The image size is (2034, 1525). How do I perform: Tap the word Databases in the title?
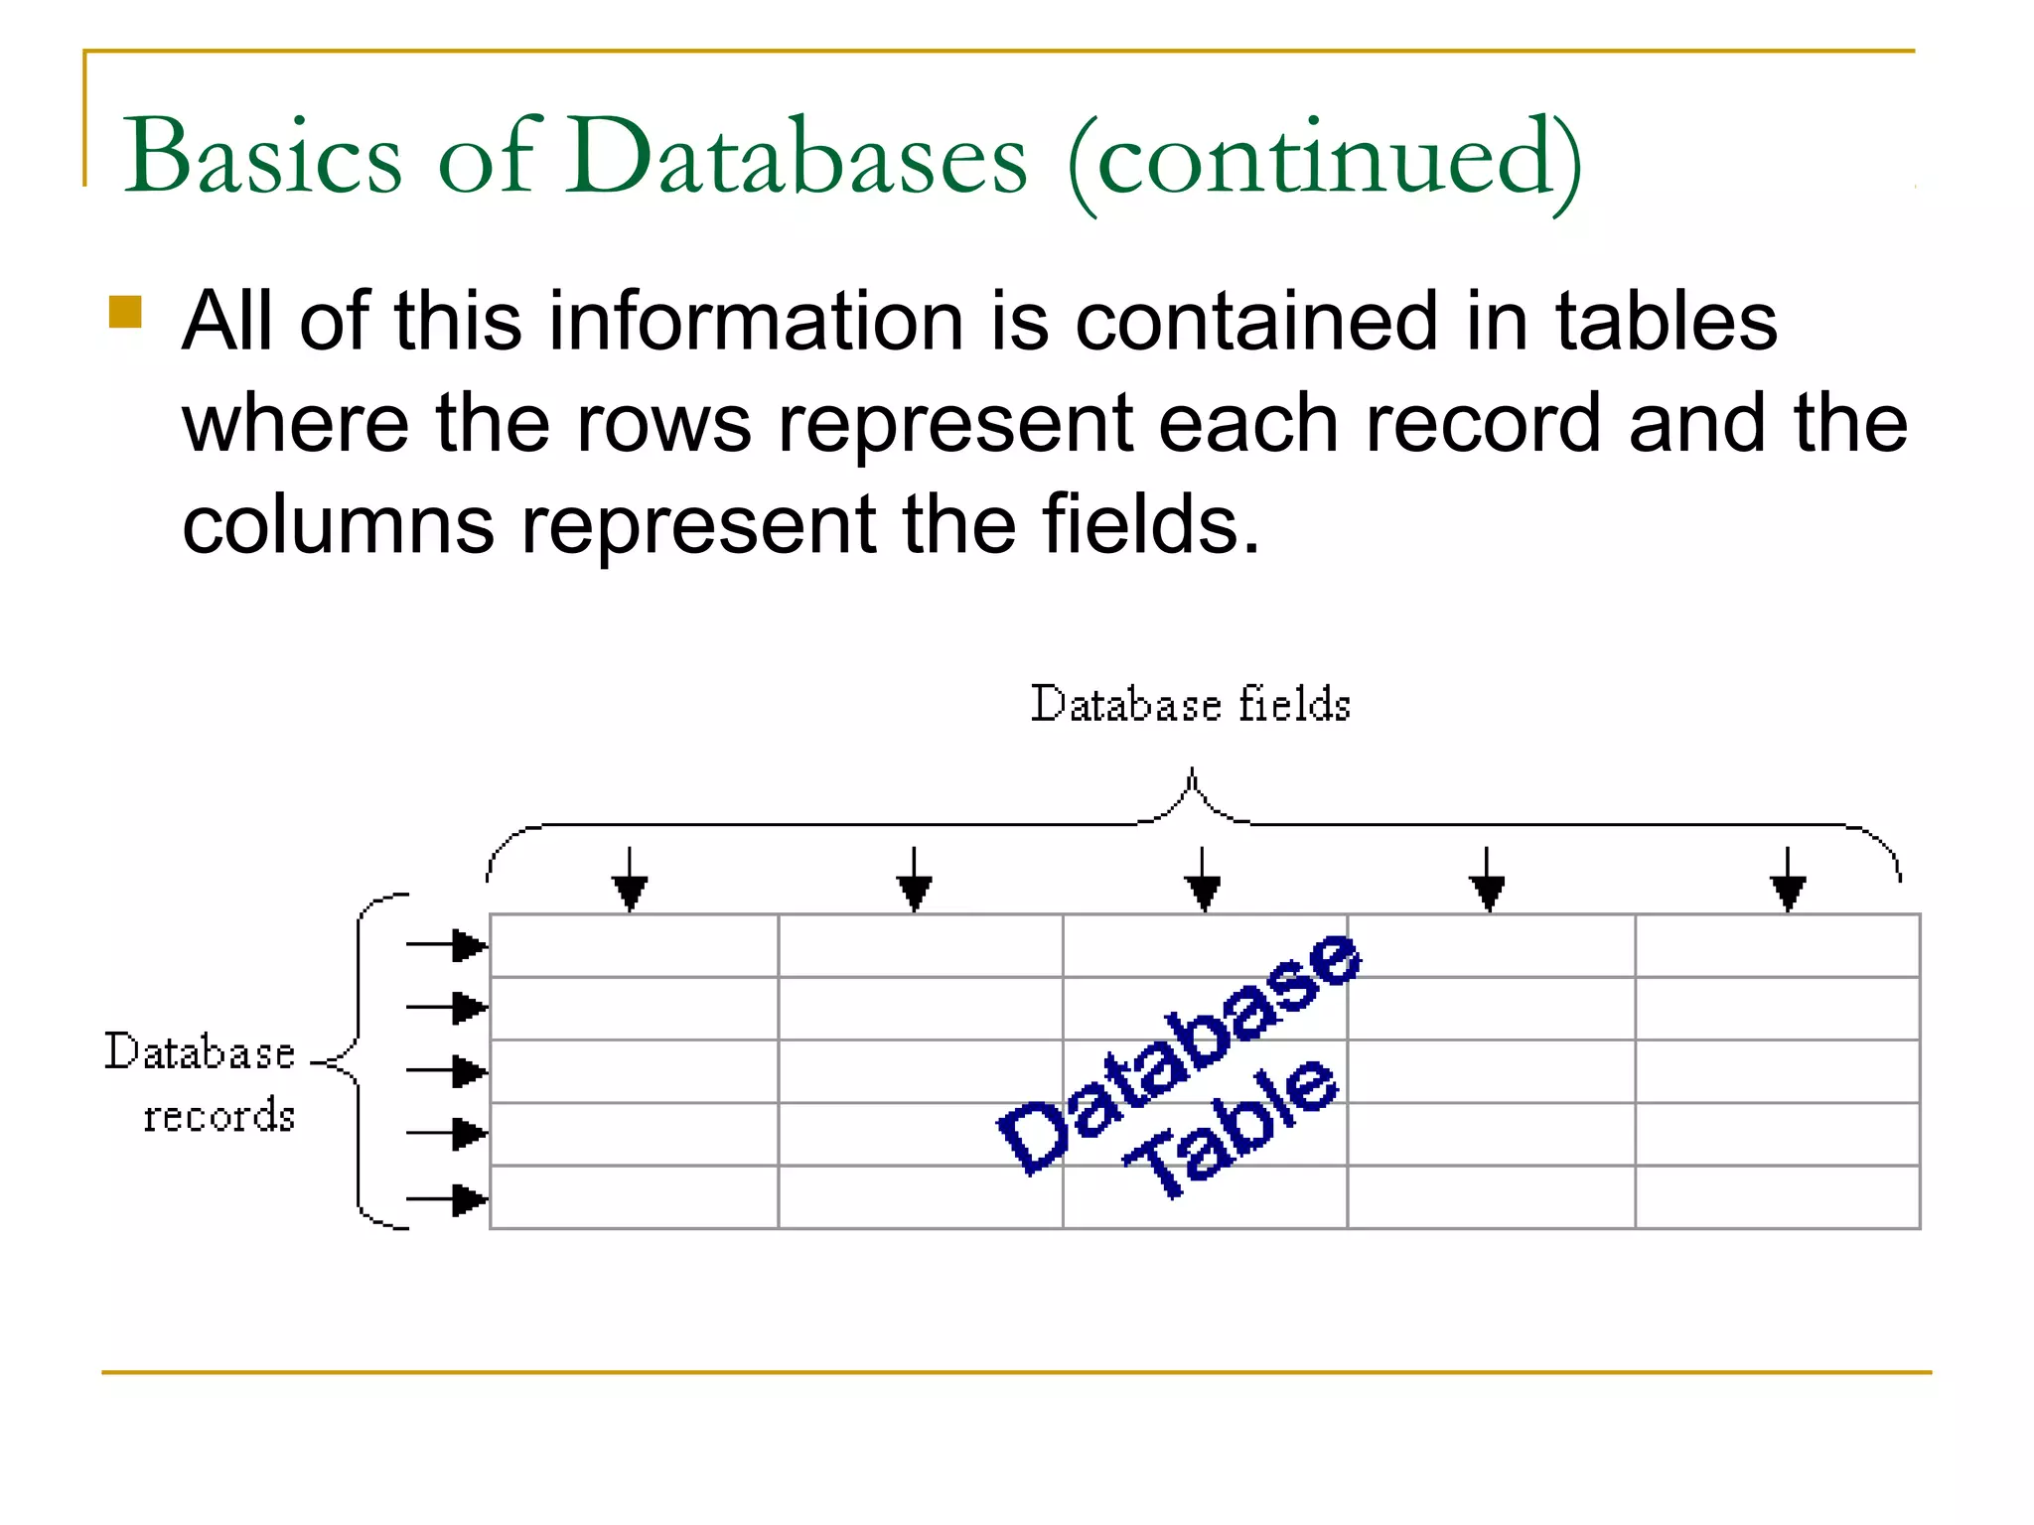coord(797,157)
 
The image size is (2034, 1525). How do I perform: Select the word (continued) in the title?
coord(1325,159)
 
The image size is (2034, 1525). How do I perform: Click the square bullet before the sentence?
coord(126,313)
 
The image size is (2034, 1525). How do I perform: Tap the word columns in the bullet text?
coord(338,525)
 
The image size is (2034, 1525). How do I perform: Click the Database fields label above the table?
coord(1190,704)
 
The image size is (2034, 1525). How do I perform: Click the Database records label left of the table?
coord(202,1082)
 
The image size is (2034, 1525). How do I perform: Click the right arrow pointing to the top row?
coord(449,945)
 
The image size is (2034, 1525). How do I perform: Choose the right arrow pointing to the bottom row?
coord(449,1199)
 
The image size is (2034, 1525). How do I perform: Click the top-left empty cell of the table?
coord(634,946)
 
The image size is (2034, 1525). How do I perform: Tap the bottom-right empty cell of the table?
coord(1777,1197)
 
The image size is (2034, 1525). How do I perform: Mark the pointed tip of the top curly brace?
coord(1192,769)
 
